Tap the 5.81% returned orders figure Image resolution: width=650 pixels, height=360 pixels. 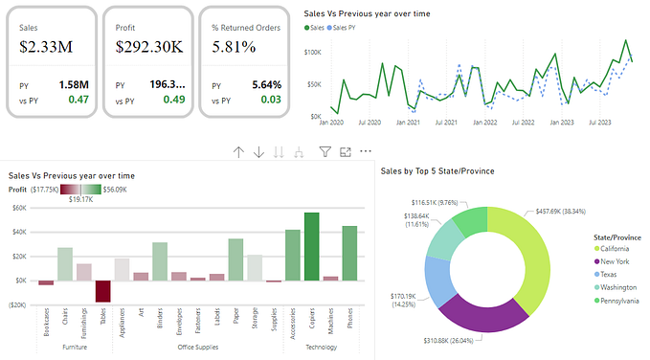[234, 46]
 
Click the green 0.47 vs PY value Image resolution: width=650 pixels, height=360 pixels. [78, 100]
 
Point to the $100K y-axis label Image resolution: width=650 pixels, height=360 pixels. [312, 52]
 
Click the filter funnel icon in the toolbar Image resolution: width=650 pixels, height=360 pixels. [325, 151]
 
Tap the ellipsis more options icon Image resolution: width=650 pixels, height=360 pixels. [365, 151]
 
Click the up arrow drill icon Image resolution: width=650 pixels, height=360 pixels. [238, 151]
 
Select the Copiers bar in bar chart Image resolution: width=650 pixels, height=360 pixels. [311, 247]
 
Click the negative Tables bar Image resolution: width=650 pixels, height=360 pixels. [102, 291]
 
